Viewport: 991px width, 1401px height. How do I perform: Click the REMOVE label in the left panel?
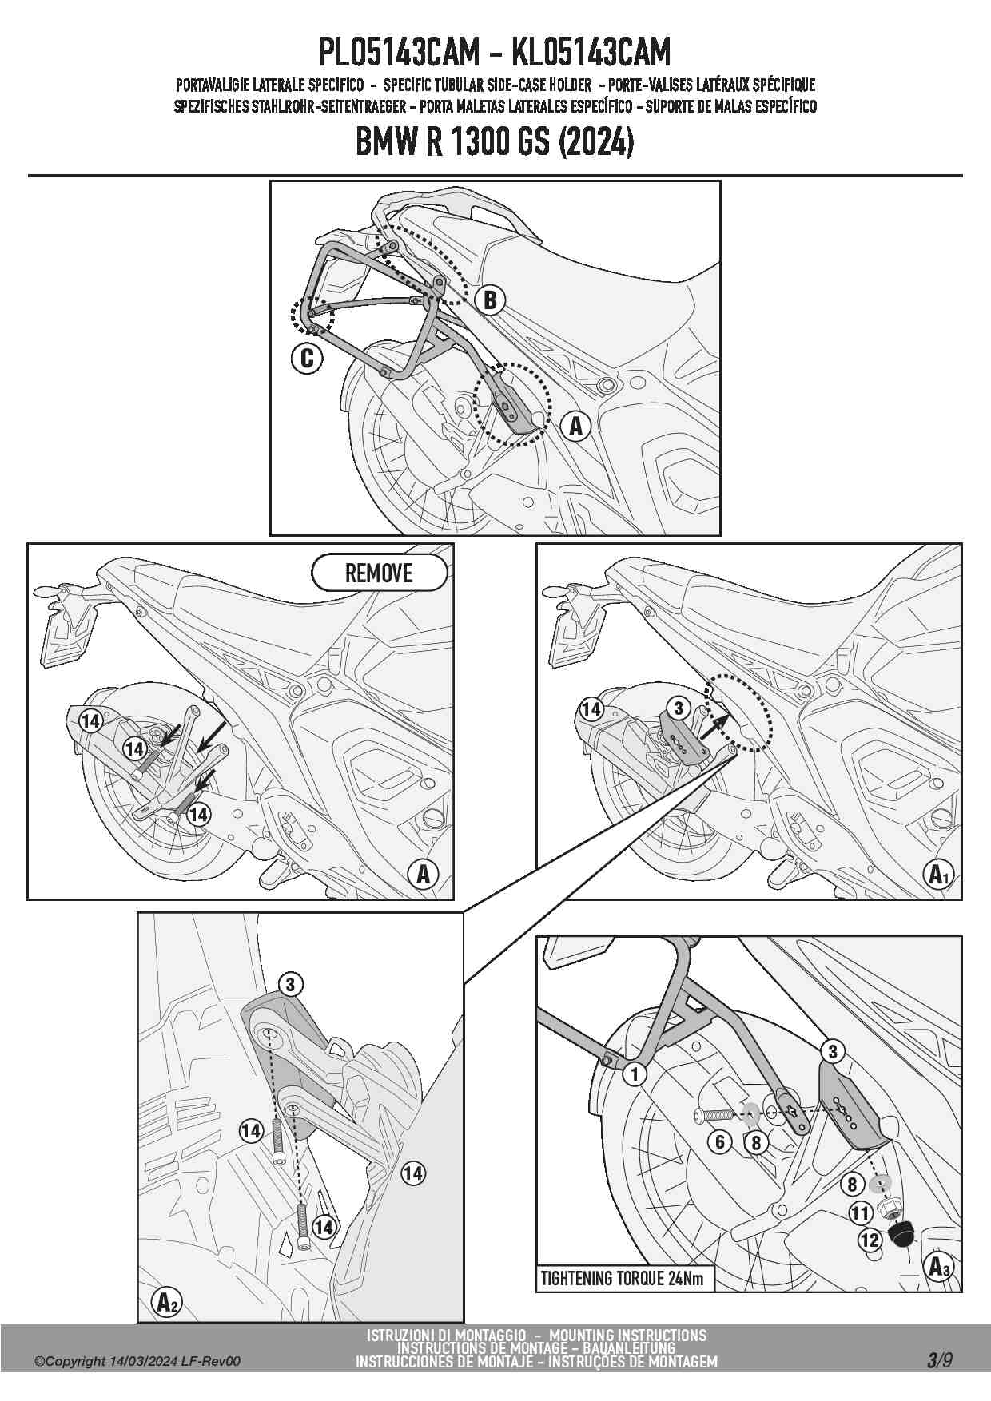379,573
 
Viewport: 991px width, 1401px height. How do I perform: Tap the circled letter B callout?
490,300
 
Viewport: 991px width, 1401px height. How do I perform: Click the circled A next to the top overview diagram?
575,426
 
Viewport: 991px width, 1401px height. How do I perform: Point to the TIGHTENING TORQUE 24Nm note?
623,1279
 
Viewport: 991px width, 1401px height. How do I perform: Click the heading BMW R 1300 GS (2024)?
495,143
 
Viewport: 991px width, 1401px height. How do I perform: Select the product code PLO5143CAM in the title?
399,53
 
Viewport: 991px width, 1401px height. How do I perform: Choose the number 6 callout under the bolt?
720,1142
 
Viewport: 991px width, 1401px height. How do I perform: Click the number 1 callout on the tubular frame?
635,1074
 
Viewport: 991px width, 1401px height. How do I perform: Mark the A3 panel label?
937,1266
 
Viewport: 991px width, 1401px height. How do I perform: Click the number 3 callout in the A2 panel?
290,984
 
